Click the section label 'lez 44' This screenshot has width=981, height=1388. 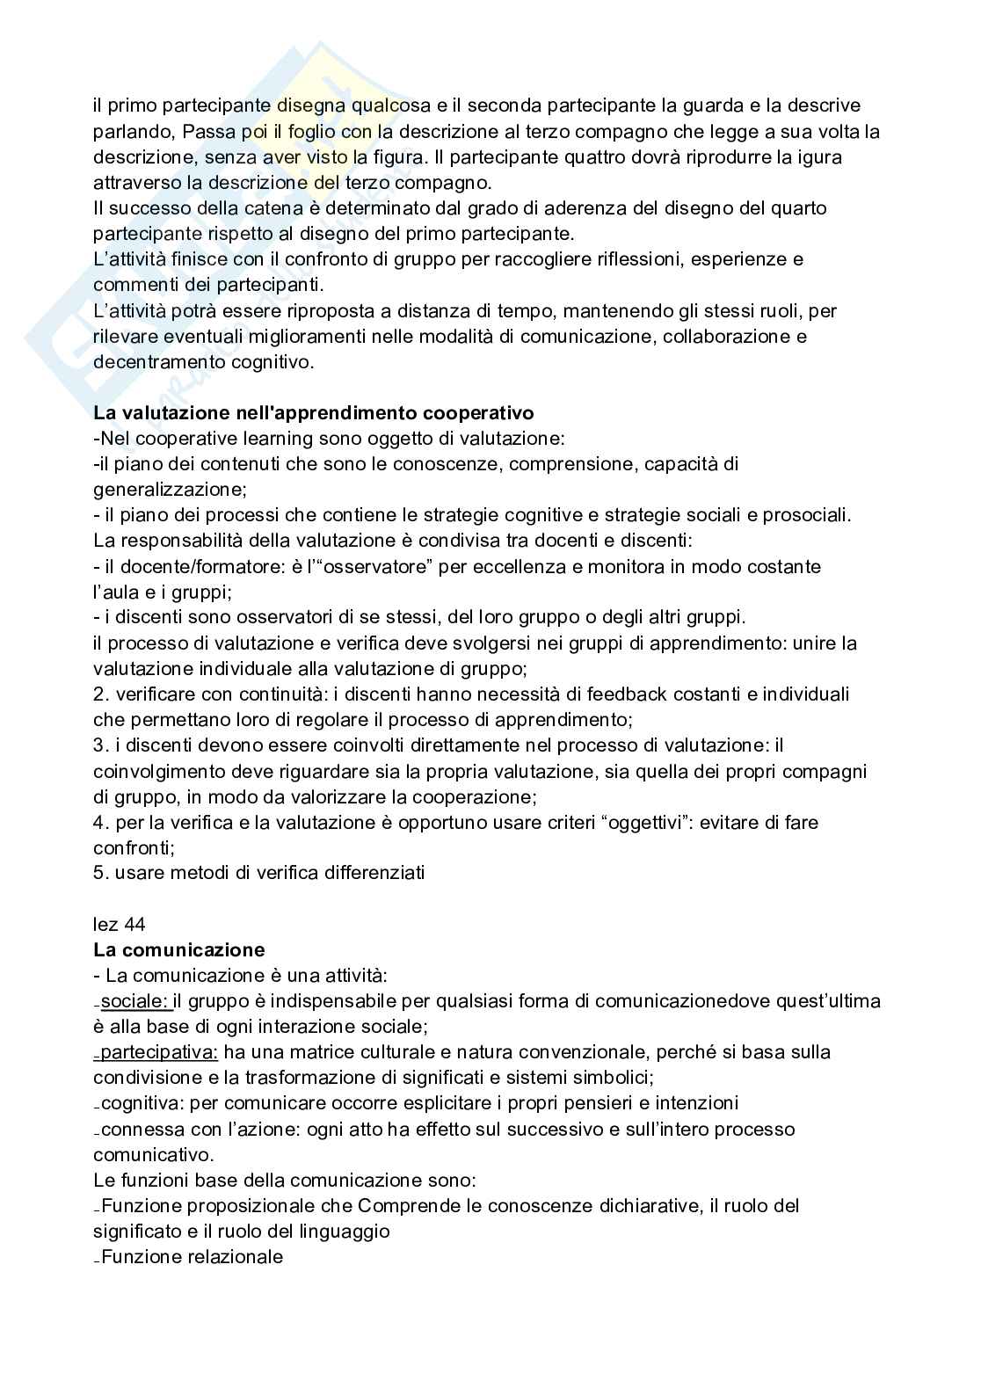click(x=119, y=924)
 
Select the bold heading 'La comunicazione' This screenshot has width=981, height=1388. click(x=178, y=949)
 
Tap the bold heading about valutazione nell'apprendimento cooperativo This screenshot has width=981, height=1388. click(x=313, y=412)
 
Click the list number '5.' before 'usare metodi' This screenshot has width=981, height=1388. click(x=100, y=873)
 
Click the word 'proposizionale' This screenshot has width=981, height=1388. click(x=236, y=1205)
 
